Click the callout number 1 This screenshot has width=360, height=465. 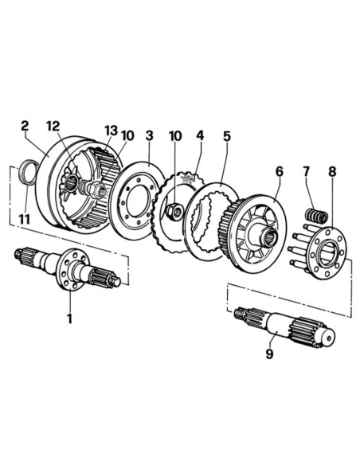[x=69, y=319]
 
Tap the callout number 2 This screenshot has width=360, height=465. [x=25, y=126]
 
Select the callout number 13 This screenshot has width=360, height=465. [x=111, y=131]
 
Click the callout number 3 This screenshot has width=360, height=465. [x=149, y=137]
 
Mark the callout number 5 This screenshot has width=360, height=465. [x=227, y=136]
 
